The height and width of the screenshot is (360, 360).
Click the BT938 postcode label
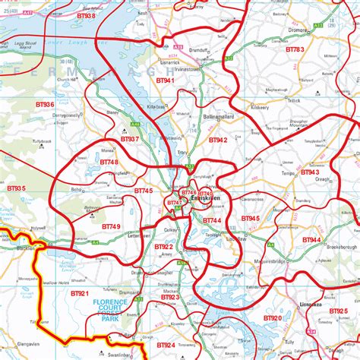point(86,15)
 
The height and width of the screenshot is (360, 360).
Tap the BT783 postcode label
point(294,49)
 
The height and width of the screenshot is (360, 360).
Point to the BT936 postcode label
point(45,104)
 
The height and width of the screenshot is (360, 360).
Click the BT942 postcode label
point(218,140)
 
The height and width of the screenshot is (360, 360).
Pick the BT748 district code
point(109,162)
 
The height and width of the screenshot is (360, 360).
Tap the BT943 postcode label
point(310,172)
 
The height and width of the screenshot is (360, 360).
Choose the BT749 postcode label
point(111,226)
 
